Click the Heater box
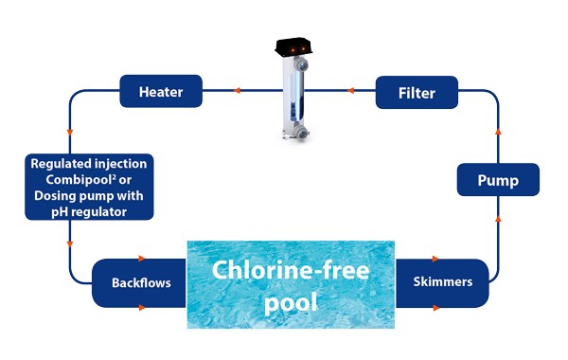[161, 91]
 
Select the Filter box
[417, 92]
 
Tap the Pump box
[498, 180]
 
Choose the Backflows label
[141, 282]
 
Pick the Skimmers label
[443, 281]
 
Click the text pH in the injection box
[60, 212]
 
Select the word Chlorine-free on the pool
[291, 270]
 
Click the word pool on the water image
[291, 302]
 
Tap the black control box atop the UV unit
[293, 46]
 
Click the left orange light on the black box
[292, 49]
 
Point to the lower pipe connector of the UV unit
[300, 132]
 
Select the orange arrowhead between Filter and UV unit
[350, 90]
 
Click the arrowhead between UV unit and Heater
[237, 90]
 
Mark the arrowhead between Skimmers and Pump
[498, 218]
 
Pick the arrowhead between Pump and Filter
[498, 131]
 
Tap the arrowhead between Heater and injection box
[70, 133]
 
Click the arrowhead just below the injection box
[70, 244]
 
